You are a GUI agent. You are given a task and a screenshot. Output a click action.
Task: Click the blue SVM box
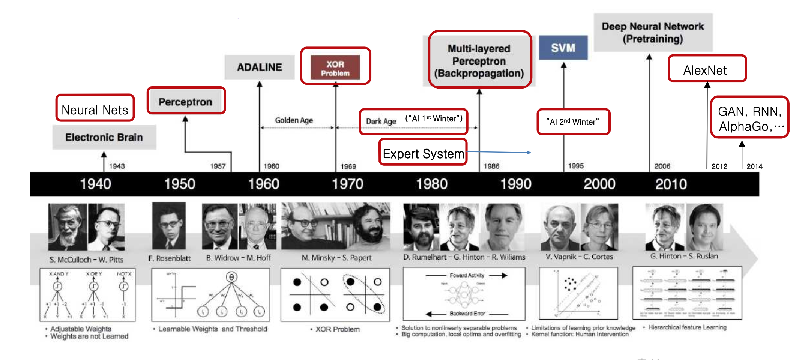[563, 48]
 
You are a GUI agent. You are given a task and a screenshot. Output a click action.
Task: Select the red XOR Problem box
[335, 67]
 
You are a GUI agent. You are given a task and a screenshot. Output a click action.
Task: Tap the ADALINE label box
[260, 67]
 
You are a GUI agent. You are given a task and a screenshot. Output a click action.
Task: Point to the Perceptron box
[186, 101]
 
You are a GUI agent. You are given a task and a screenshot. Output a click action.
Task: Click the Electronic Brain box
[104, 137]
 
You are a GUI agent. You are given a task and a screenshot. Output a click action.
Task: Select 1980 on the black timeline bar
[432, 184]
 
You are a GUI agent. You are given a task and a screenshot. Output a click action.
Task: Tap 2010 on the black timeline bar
[671, 184]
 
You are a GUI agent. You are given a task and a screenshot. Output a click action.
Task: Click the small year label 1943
[117, 166]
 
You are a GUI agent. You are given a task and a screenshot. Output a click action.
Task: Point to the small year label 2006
[662, 166]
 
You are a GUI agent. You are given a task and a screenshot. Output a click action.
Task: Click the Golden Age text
[294, 120]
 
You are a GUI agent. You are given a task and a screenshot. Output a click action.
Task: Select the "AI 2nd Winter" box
[573, 122]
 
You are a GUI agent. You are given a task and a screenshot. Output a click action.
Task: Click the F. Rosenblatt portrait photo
[169, 226]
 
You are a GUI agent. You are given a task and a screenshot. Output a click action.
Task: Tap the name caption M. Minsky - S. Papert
[336, 258]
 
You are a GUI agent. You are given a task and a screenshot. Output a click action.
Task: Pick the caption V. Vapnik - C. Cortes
[579, 257]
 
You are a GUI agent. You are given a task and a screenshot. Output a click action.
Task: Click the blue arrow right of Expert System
[499, 152]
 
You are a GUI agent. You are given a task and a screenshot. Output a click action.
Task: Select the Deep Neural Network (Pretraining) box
[653, 33]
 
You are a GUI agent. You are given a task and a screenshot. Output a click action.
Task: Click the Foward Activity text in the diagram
[467, 275]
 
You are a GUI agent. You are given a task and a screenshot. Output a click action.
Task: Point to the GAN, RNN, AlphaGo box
[749, 118]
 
